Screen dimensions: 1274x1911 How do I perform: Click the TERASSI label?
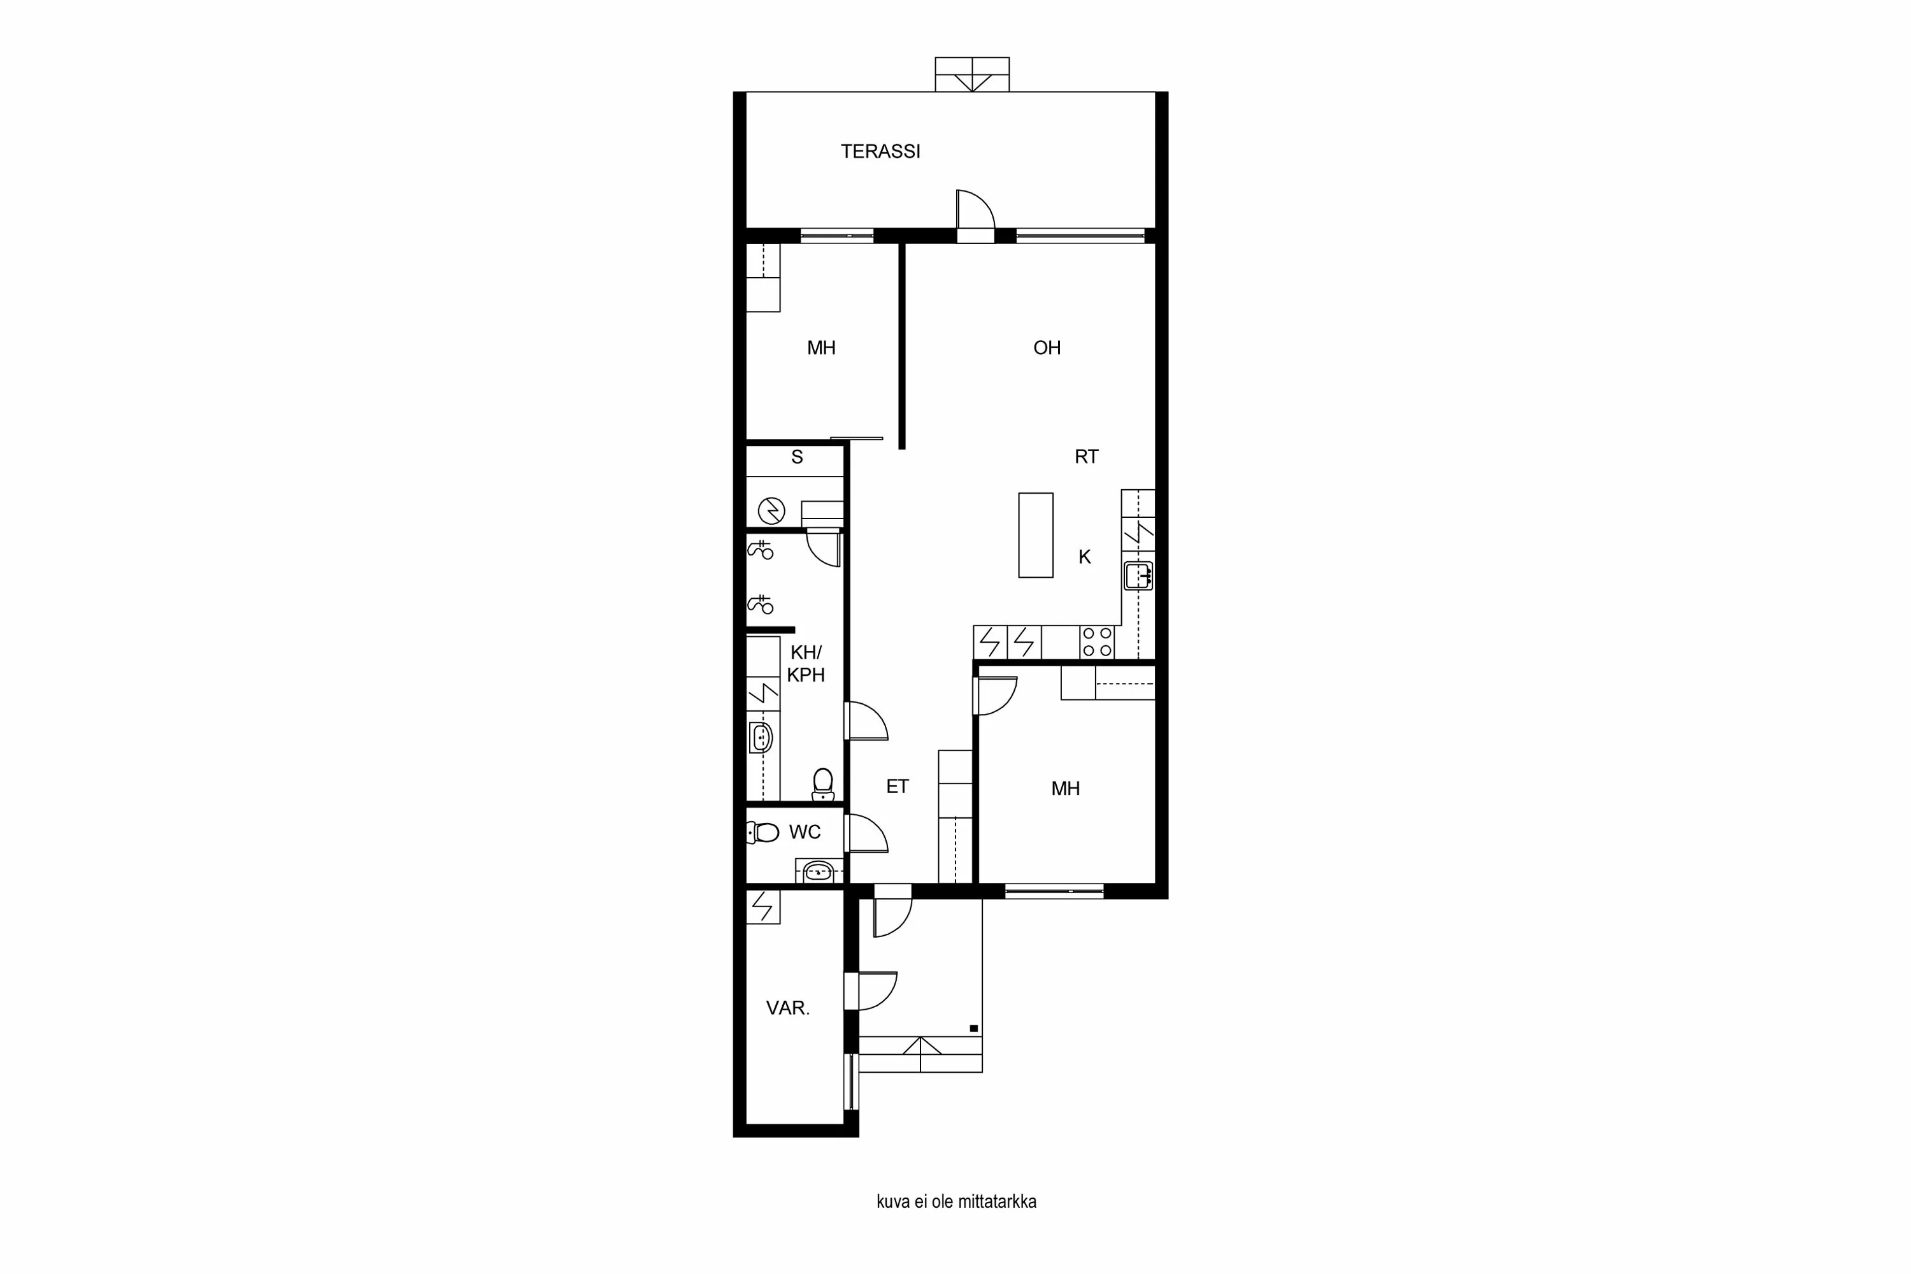[x=880, y=151]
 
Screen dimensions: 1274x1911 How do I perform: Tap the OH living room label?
[x=1047, y=348]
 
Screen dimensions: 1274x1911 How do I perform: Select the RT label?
[x=1085, y=457]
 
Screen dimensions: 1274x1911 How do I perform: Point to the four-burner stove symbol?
[x=1096, y=642]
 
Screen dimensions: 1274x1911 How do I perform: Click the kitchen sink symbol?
[x=1138, y=575]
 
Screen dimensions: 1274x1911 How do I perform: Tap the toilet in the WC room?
[x=764, y=832]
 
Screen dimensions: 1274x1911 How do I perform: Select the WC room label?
[x=805, y=832]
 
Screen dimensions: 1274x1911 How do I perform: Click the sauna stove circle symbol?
[x=771, y=511]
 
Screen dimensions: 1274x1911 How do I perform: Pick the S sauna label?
[x=797, y=457]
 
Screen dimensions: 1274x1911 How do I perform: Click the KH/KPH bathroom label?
[x=805, y=663]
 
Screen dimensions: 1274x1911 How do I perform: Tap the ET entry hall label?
[x=897, y=787]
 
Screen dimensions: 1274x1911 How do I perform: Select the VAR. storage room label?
[x=787, y=1008]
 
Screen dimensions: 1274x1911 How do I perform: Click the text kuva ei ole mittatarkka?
[x=955, y=1201]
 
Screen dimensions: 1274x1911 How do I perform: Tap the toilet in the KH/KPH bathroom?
[x=822, y=784]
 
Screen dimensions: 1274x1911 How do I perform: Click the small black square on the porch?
[x=973, y=1029]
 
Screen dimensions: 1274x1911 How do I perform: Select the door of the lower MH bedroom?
[x=996, y=696]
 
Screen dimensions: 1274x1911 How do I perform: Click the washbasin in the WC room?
[x=817, y=873]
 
